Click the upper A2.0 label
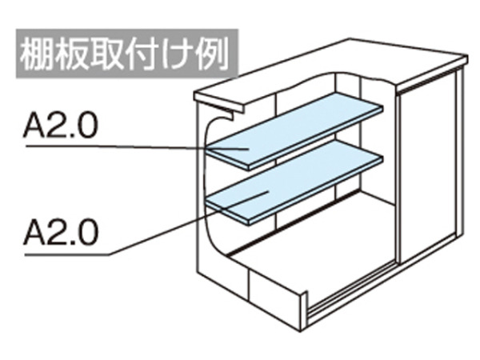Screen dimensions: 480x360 [61, 126]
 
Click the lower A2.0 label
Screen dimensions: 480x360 [62, 232]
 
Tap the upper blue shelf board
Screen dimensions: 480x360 [294, 130]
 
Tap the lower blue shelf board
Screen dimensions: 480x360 [294, 182]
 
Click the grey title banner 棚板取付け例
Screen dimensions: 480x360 [127, 54]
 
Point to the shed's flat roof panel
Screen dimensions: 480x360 [330, 72]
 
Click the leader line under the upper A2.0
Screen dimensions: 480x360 [137, 147]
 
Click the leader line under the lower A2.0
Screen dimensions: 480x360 [146, 223]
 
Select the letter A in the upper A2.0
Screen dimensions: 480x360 [34, 126]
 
